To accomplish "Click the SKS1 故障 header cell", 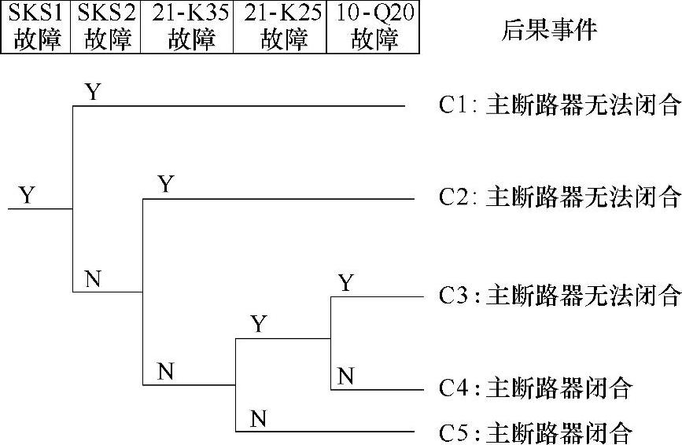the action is [x=35, y=27].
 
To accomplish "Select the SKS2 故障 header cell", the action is [x=105, y=27].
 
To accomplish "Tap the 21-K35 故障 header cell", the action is [x=186, y=27].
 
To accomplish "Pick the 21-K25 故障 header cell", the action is [x=280, y=27].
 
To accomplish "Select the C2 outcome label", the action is [x=559, y=197].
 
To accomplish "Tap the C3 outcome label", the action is [x=559, y=296].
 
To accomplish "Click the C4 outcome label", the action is [x=536, y=388].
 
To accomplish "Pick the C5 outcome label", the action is [x=536, y=432].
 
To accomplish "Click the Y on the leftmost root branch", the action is [x=28, y=195].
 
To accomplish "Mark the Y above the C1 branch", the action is [x=94, y=92].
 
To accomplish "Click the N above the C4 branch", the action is [x=345, y=377].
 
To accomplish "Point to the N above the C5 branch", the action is [x=257, y=419].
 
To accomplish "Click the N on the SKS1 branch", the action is [x=93, y=279].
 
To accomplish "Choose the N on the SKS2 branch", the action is [x=164, y=372].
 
